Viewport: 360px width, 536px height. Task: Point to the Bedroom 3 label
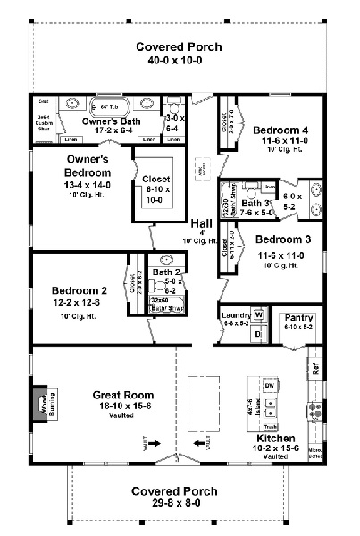[x=281, y=239]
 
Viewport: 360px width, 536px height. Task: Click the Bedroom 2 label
[x=79, y=290]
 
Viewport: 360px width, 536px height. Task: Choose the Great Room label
[x=123, y=394]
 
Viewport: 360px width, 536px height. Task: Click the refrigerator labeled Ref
[x=314, y=366]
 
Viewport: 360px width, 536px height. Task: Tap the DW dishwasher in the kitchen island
[x=268, y=385]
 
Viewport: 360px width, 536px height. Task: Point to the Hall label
[x=201, y=223]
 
